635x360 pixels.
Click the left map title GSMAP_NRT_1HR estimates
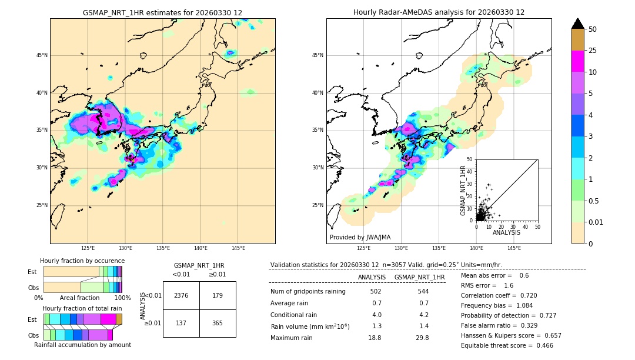(162, 12)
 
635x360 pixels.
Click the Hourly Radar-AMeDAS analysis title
(439, 12)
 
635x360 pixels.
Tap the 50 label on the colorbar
(593, 29)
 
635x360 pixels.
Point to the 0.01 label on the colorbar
(596, 222)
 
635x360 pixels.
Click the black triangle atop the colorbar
(577, 24)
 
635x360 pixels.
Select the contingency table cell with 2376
(181, 295)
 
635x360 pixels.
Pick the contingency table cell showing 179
(218, 295)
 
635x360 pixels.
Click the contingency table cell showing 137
(181, 323)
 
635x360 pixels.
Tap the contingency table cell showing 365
(218, 323)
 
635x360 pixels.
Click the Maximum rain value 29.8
(423, 338)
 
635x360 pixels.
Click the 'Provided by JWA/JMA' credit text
(360, 237)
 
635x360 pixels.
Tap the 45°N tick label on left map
(42, 55)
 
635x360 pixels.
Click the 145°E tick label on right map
(514, 248)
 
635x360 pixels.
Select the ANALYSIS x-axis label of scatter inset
(506, 232)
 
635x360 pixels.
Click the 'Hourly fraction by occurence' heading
(82, 261)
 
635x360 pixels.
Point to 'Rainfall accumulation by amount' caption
(82, 345)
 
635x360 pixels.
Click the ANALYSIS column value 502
(376, 291)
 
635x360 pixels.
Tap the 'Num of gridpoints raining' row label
(308, 291)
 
